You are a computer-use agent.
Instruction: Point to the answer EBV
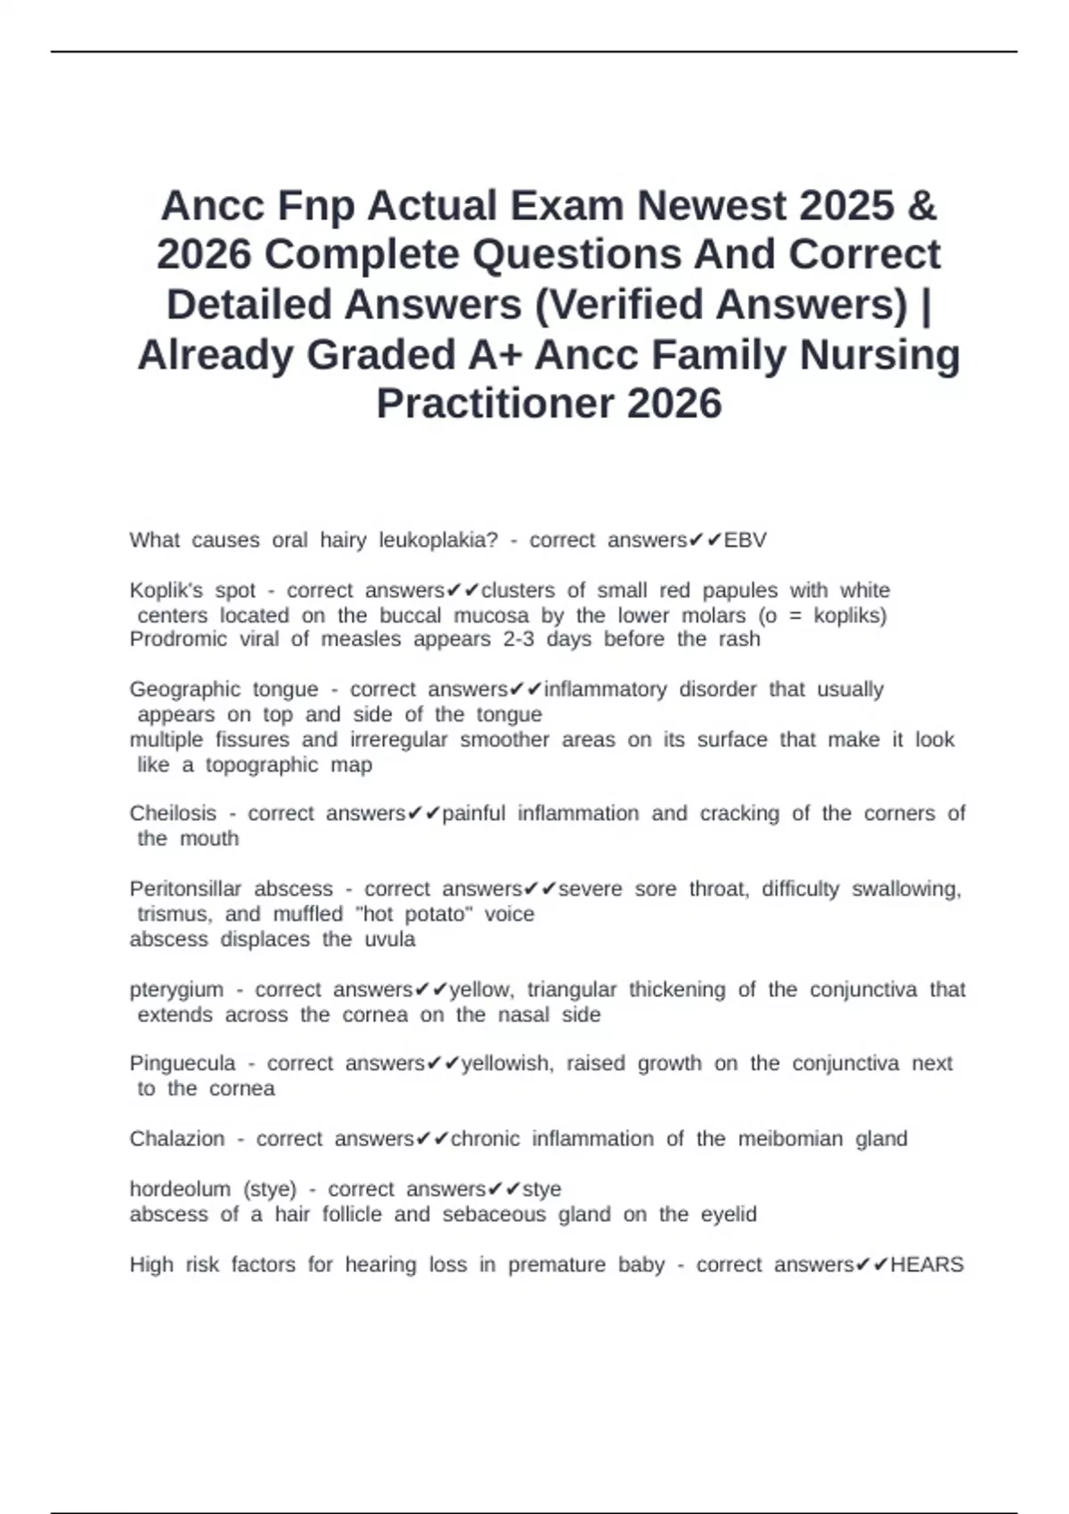pos(745,541)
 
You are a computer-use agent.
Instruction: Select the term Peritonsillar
pos(185,889)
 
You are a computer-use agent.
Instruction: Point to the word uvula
pos(390,940)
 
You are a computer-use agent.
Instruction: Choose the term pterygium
pos(176,990)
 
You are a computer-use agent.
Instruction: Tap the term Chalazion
pos(177,1139)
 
